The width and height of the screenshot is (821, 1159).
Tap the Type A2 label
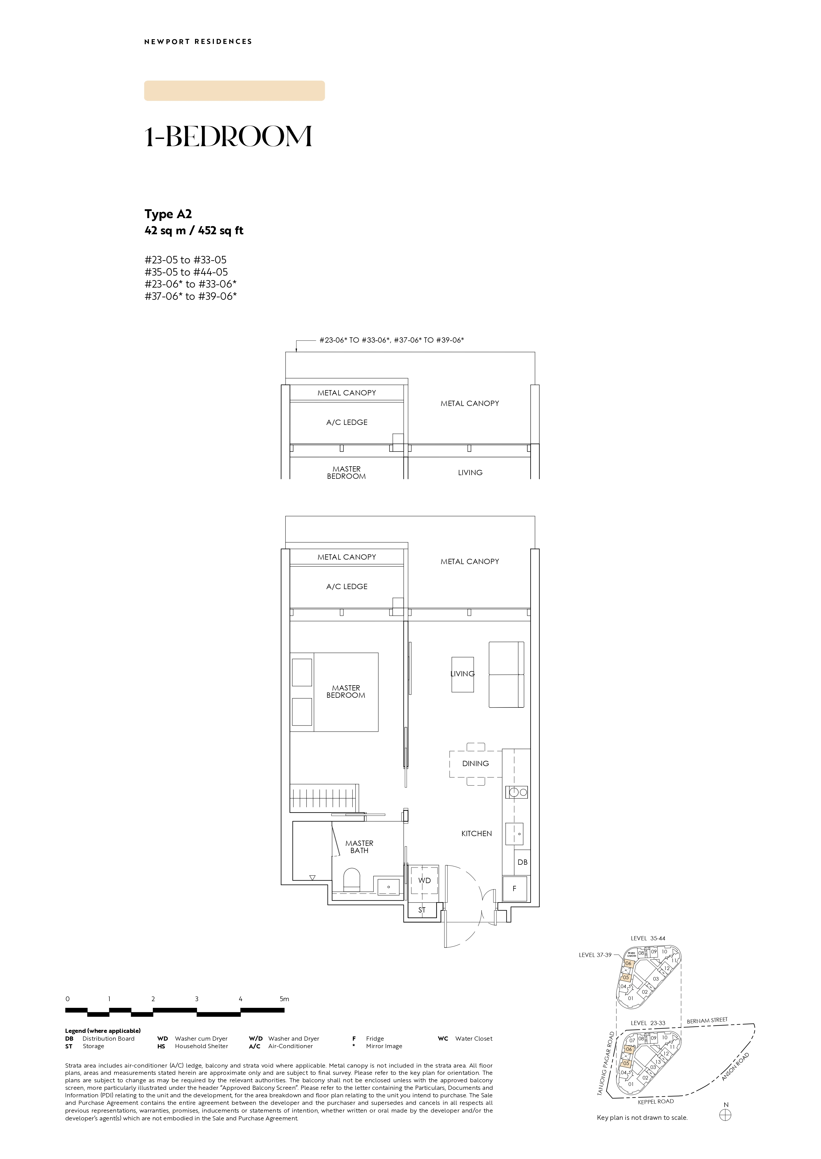coord(168,215)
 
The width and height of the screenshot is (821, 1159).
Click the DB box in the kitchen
coord(522,862)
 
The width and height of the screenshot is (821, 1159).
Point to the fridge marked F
coord(515,888)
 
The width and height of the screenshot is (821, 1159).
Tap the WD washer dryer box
coord(425,880)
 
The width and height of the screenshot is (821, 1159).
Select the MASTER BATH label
coord(360,846)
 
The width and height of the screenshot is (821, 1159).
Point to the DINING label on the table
coord(475,764)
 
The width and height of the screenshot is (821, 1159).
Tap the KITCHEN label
coord(476,833)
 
